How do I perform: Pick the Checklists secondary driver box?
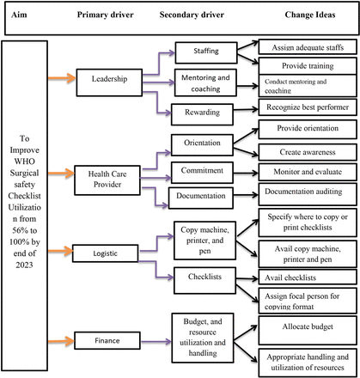(x=204, y=277)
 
